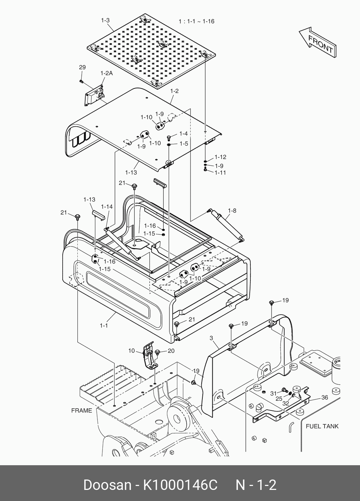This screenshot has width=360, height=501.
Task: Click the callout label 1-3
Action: (x=105, y=20)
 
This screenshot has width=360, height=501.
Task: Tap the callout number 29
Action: (x=82, y=67)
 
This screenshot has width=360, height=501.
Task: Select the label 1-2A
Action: (x=106, y=73)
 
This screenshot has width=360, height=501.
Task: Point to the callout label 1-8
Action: (x=232, y=211)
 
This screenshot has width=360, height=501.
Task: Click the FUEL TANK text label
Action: (x=322, y=426)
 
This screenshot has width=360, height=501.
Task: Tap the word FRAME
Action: (x=82, y=410)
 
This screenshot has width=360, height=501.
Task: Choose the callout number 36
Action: (x=325, y=398)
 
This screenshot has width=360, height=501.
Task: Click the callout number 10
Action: (x=131, y=351)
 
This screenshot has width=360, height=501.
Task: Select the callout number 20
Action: (x=171, y=351)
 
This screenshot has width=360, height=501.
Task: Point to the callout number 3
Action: (x=211, y=338)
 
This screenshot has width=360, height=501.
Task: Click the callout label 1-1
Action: (x=104, y=326)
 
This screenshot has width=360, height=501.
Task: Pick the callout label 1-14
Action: (x=107, y=206)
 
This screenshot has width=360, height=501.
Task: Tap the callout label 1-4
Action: (x=183, y=134)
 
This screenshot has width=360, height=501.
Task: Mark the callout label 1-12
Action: (x=220, y=157)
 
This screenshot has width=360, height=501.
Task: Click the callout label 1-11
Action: (x=220, y=172)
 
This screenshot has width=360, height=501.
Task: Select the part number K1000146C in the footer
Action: (x=181, y=485)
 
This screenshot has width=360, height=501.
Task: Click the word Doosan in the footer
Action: (x=107, y=485)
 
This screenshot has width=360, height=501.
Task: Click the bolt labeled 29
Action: (x=81, y=81)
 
